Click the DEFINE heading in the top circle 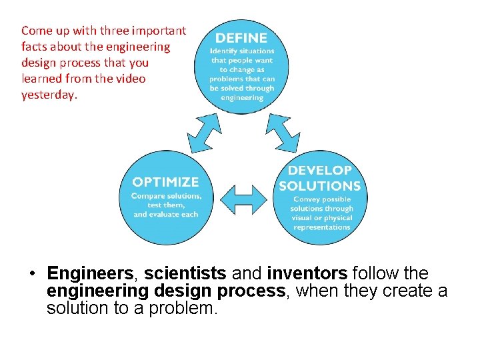pos(241,38)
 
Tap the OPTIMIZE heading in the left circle pos(165,182)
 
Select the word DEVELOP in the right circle pos(320,171)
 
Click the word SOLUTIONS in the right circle pos(320,186)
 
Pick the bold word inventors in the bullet pos(307,274)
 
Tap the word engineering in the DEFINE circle pos(241,97)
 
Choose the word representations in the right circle pos(322,227)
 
